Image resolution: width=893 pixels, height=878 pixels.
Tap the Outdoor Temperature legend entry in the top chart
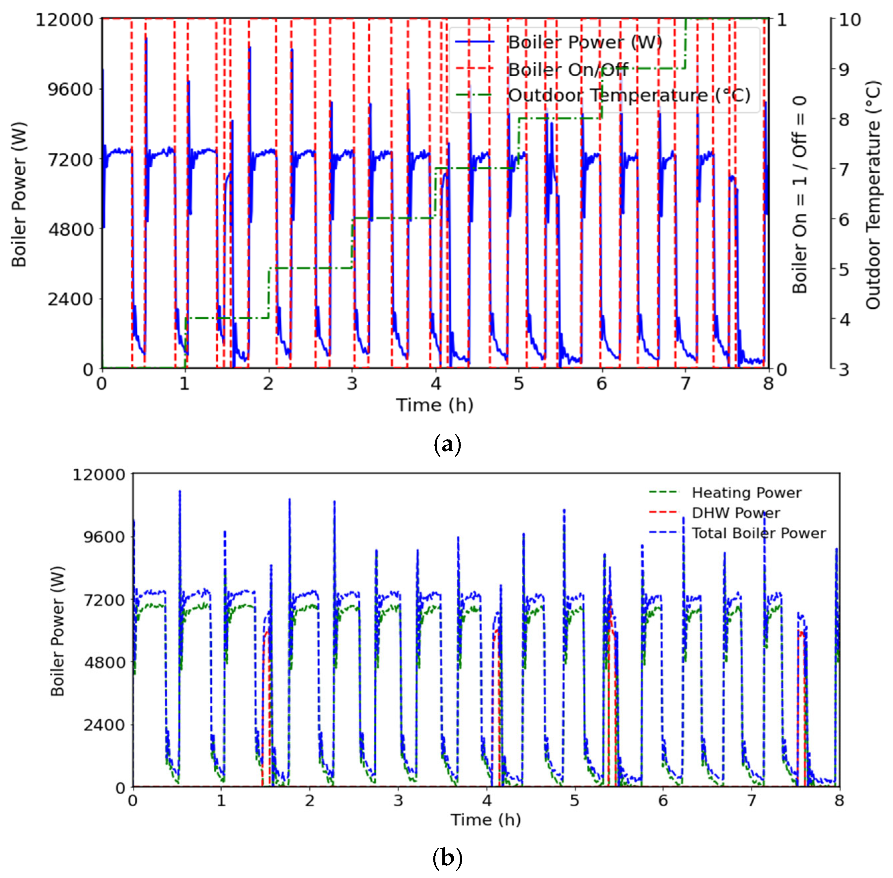point(629,96)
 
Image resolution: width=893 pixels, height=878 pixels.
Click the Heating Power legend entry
point(746,493)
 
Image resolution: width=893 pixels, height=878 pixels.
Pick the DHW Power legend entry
point(735,513)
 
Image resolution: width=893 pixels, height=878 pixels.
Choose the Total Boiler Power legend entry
point(758,533)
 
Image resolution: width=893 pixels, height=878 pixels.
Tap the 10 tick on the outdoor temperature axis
point(849,20)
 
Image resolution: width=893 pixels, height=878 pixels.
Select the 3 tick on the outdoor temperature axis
point(843,370)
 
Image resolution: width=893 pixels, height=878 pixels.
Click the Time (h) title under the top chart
point(435,405)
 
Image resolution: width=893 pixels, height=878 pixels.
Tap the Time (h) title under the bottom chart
point(485,820)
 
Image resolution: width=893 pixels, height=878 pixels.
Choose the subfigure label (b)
point(447,858)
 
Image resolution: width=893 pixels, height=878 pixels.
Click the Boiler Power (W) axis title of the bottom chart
point(58,631)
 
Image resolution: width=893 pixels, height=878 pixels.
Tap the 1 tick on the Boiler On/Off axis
point(782,20)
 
